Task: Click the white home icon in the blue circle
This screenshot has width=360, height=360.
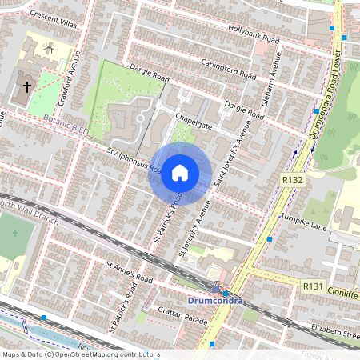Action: click(x=180, y=173)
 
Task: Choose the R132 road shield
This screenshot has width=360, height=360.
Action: click(x=292, y=182)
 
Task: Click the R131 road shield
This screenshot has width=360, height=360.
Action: click(x=312, y=286)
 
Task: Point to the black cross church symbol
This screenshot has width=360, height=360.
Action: click(x=26, y=86)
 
